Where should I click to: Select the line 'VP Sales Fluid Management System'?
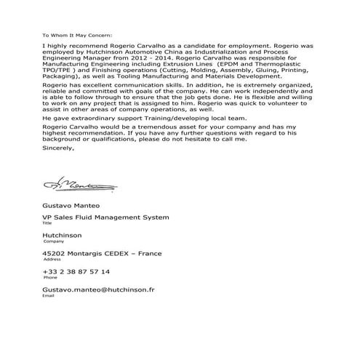pyautogui.click(x=105, y=217)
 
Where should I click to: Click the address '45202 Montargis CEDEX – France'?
pyautogui.click(x=102, y=253)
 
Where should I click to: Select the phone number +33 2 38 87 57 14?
pyautogui.click(x=76, y=271)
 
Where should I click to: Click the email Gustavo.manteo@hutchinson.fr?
pyautogui.click(x=98, y=289)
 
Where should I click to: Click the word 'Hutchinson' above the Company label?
pyautogui.click(x=62, y=235)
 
